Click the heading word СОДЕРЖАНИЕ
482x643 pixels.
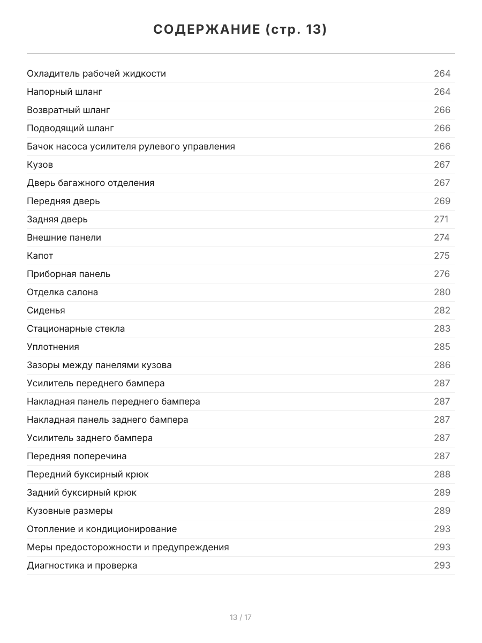tap(206, 30)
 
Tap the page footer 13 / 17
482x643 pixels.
tap(240, 617)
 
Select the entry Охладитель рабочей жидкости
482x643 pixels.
tap(96, 73)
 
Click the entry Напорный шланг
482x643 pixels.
tap(64, 92)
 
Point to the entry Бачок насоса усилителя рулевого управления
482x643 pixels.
tap(131, 146)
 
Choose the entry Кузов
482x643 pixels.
tap(40, 165)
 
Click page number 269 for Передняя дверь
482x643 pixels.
tap(442, 201)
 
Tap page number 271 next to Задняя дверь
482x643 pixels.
tap(441, 219)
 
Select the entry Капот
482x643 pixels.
tap(40, 256)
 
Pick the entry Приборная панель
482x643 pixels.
tap(69, 274)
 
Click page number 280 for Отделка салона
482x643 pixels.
tap(442, 292)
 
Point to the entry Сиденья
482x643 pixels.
tap(46, 310)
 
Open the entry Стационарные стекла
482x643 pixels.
tap(76, 328)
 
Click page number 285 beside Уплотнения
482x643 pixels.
tap(442, 347)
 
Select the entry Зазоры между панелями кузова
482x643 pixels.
tap(99, 365)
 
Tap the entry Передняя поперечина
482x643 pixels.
tap(77, 456)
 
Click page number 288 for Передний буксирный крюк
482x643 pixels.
tap(442, 474)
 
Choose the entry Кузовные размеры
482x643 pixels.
tap(70, 511)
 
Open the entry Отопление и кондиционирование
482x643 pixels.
tap(102, 529)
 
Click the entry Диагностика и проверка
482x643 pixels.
tap(82, 565)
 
